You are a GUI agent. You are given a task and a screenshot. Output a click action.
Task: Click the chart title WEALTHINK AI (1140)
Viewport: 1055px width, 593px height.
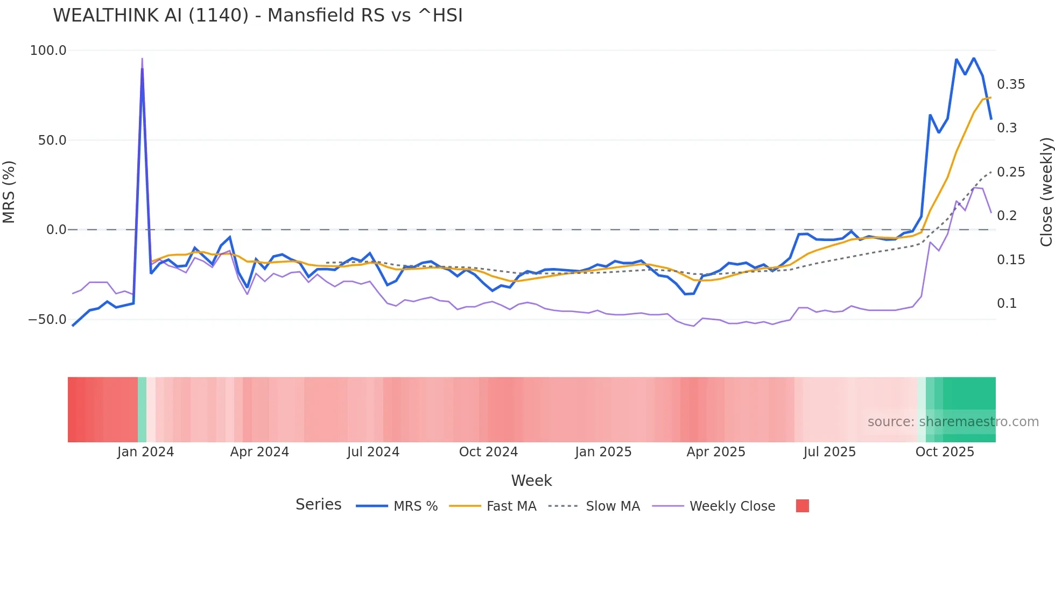point(257,16)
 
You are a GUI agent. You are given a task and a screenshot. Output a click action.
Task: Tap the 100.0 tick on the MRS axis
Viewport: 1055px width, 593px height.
point(48,51)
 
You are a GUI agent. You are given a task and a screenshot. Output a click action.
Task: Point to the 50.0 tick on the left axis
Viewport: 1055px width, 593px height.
point(52,140)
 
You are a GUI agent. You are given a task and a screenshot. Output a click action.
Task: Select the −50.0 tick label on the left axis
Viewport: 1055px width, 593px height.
point(47,320)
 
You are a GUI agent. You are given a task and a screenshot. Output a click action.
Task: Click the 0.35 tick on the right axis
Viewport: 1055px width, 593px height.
point(1011,84)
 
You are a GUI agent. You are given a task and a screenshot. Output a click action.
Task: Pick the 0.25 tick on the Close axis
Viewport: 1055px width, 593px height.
point(1011,172)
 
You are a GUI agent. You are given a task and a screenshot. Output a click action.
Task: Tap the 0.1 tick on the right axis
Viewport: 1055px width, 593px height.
point(1007,303)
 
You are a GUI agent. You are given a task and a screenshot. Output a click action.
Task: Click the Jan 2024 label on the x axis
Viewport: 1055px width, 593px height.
point(145,452)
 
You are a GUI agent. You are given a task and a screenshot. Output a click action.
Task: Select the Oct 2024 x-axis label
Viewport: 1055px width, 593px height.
point(488,452)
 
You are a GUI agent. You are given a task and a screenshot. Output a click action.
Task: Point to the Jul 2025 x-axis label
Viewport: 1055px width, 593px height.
point(829,452)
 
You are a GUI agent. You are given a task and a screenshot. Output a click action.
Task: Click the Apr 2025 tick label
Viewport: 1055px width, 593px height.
point(716,452)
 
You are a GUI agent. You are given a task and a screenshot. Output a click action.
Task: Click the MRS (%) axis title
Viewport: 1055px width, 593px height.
point(9,192)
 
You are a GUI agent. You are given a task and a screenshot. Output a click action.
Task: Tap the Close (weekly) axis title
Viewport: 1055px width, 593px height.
point(1046,192)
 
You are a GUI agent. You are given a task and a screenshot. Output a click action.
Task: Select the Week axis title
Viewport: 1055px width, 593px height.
point(531,481)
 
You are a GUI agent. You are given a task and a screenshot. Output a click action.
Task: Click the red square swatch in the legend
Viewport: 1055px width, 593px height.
point(802,506)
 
